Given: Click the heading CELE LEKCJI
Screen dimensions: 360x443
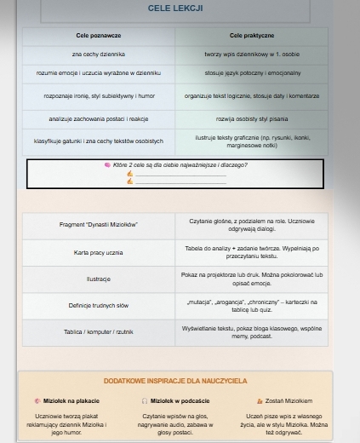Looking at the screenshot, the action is tap(175, 9).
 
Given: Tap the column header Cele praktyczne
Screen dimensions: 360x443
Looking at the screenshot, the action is tap(251, 36).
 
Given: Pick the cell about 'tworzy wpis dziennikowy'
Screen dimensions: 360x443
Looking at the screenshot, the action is tap(251, 55).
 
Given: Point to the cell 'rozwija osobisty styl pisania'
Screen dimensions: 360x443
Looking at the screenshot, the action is tap(251, 118).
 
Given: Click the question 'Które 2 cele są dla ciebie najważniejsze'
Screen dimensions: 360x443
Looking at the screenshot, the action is tap(174, 164).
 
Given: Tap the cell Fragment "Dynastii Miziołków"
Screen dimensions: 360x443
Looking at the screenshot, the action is tap(99, 225).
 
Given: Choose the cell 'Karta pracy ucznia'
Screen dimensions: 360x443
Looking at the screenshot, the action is tap(99, 252).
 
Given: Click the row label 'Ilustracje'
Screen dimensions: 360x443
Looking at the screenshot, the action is tap(99, 279).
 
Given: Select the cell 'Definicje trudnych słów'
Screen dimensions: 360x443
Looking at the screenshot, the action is tap(99, 305).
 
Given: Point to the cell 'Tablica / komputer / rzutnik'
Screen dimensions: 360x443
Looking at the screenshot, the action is tap(99, 331).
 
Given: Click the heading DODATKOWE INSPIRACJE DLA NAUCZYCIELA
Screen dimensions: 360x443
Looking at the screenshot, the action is tap(175, 381).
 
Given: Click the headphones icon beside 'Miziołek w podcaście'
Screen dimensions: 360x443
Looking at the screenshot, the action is tap(145, 400).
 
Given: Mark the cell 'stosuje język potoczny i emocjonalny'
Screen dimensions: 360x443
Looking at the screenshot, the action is tap(251, 75).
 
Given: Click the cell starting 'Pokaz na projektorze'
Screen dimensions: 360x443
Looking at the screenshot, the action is tap(252, 279).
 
